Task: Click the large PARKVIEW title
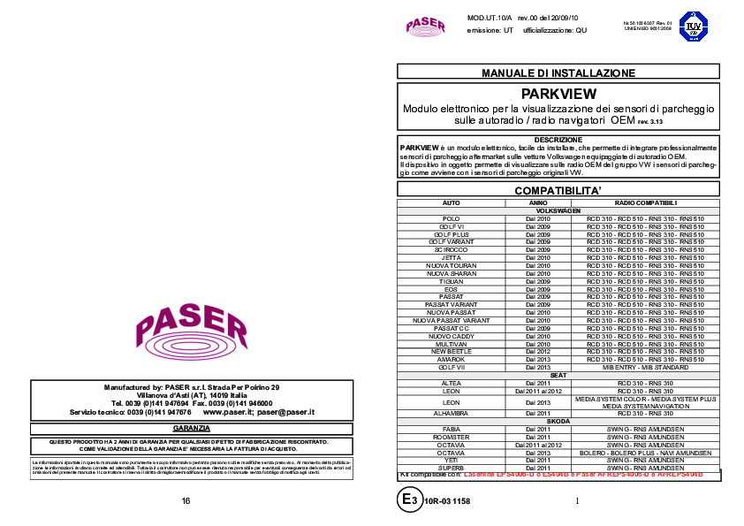pyautogui.click(x=558, y=93)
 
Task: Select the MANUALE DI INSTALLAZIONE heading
pyautogui.click(x=558, y=72)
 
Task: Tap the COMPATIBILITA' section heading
pyautogui.click(x=558, y=191)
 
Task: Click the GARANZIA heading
pyautogui.click(x=191, y=428)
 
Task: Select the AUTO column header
pyautogui.click(x=452, y=203)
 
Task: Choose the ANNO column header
pyautogui.click(x=538, y=203)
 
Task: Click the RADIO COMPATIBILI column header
pyautogui.click(x=646, y=203)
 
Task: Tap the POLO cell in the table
pyautogui.click(x=452, y=218)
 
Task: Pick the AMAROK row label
pyautogui.click(x=452, y=360)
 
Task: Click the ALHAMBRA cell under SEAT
pyautogui.click(x=452, y=414)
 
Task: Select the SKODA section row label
pyautogui.click(x=558, y=421)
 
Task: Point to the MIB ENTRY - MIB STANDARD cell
pyautogui.click(x=646, y=366)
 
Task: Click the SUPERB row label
pyautogui.click(x=452, y=467)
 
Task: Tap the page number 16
pyautogui.click(x=186, y=501)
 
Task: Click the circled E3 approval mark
pyautogui.click(x=408, y=500)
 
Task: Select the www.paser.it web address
pyautogui.click(x=227, y=413)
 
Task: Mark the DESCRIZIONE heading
pyautogui.click(x=558, y=140)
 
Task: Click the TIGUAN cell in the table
pyautogui.click(x=452, y=281)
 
